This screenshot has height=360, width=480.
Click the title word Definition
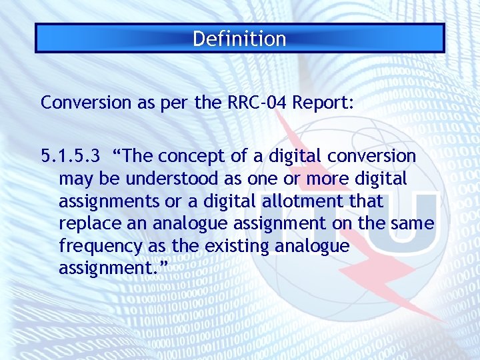tap(239, 39)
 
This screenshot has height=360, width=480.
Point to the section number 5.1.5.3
tap(71, 156)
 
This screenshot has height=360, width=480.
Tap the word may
tap(75, 179)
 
